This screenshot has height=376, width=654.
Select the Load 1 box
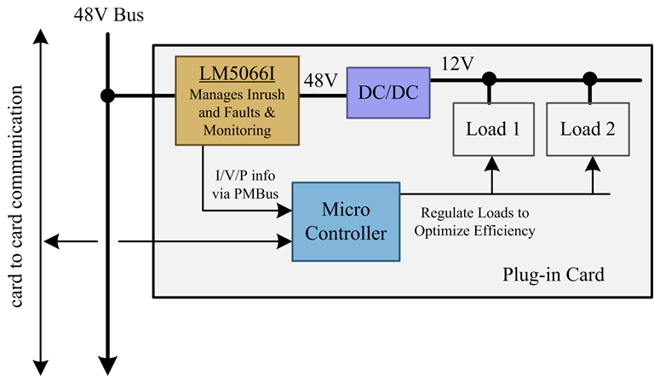(x=491, y=130)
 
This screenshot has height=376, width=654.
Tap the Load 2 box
(x=588, y=130)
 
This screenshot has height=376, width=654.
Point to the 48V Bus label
(x=108, y=16)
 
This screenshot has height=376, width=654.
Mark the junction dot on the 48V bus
(x=107, y=95)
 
